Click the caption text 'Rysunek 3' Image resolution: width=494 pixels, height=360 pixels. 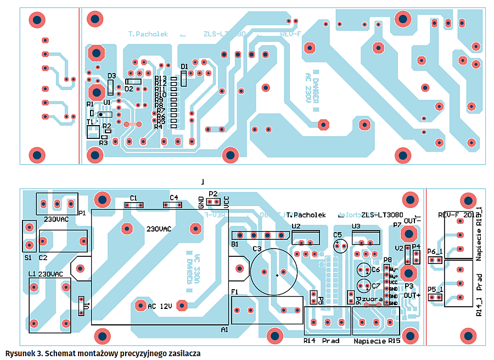22,353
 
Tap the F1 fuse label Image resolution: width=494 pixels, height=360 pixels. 235,292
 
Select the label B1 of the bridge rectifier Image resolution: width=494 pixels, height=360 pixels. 235,244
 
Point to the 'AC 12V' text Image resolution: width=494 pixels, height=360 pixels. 160,306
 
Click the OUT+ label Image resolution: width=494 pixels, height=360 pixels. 412,295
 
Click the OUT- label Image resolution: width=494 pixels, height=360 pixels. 412,221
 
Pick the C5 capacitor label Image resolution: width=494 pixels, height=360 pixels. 338,235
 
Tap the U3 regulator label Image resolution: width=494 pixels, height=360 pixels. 356,226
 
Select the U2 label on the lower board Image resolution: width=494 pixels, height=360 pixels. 296,226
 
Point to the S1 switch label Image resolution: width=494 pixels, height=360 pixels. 28,257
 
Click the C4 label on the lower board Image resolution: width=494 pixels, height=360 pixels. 173,198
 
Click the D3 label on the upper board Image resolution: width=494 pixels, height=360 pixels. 111,76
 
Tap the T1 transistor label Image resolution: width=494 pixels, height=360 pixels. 90,122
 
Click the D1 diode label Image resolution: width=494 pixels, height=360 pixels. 184,67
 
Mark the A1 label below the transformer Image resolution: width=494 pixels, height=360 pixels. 224,329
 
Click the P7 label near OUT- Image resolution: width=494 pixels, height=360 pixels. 398,226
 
